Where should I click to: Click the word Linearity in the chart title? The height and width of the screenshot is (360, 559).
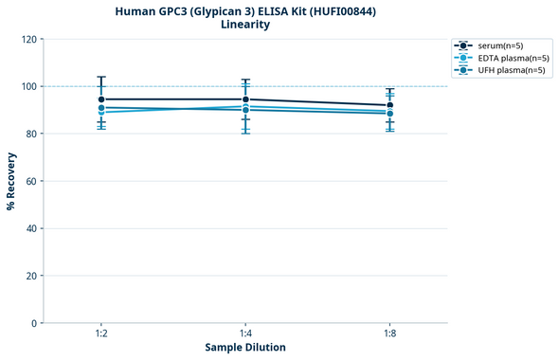pyautogui.click(x=244, y=25)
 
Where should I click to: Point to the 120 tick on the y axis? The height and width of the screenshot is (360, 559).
pyautogui.click(x=29, y=40)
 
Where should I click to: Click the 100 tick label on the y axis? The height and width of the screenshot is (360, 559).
pyautogui.click(x=29, y=87)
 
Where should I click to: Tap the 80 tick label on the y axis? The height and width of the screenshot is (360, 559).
pyautogui.click(x=31, y=135)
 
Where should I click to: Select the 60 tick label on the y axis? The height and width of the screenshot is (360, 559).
pyautogui.click(x=31, y=182)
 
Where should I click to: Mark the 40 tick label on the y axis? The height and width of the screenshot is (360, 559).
pyautogui.click(x=31, y=229)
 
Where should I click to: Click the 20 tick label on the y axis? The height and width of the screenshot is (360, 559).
pyautogui.click(x=31, y=277)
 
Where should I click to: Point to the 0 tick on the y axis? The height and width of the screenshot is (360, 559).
pyautogui.click(x=34, y=324)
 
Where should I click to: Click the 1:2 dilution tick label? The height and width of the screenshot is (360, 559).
pyautogui.click(x=101, y=334)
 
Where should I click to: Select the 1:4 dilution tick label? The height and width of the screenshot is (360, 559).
pyautogui.click(x=245, y=334)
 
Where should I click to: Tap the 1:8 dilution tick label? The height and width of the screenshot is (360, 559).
pyautogui.click(x=389, y=334)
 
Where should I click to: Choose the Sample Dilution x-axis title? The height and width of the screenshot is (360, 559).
pyautogui.click(x=245, y=348)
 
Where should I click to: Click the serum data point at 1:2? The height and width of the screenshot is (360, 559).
pyautogui.click(x=101, y=99)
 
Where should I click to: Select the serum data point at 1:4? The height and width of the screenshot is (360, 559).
pyautogui.click(x=245, y=99)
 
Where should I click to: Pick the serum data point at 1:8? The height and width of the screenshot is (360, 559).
pyautogui.click(x=389, y=105)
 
